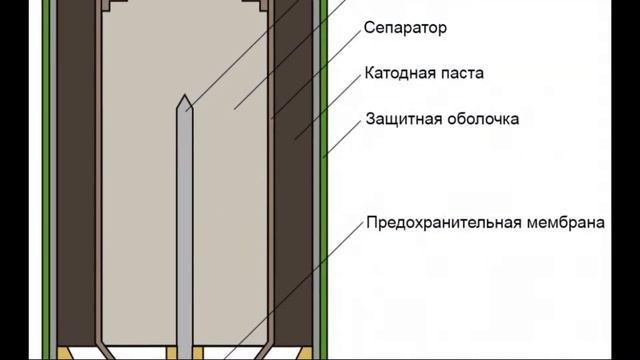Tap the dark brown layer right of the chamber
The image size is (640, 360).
pyautogui.click(x=296, y=200)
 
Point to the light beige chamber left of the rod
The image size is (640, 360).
pyautogui.click(x=135, y=200)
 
